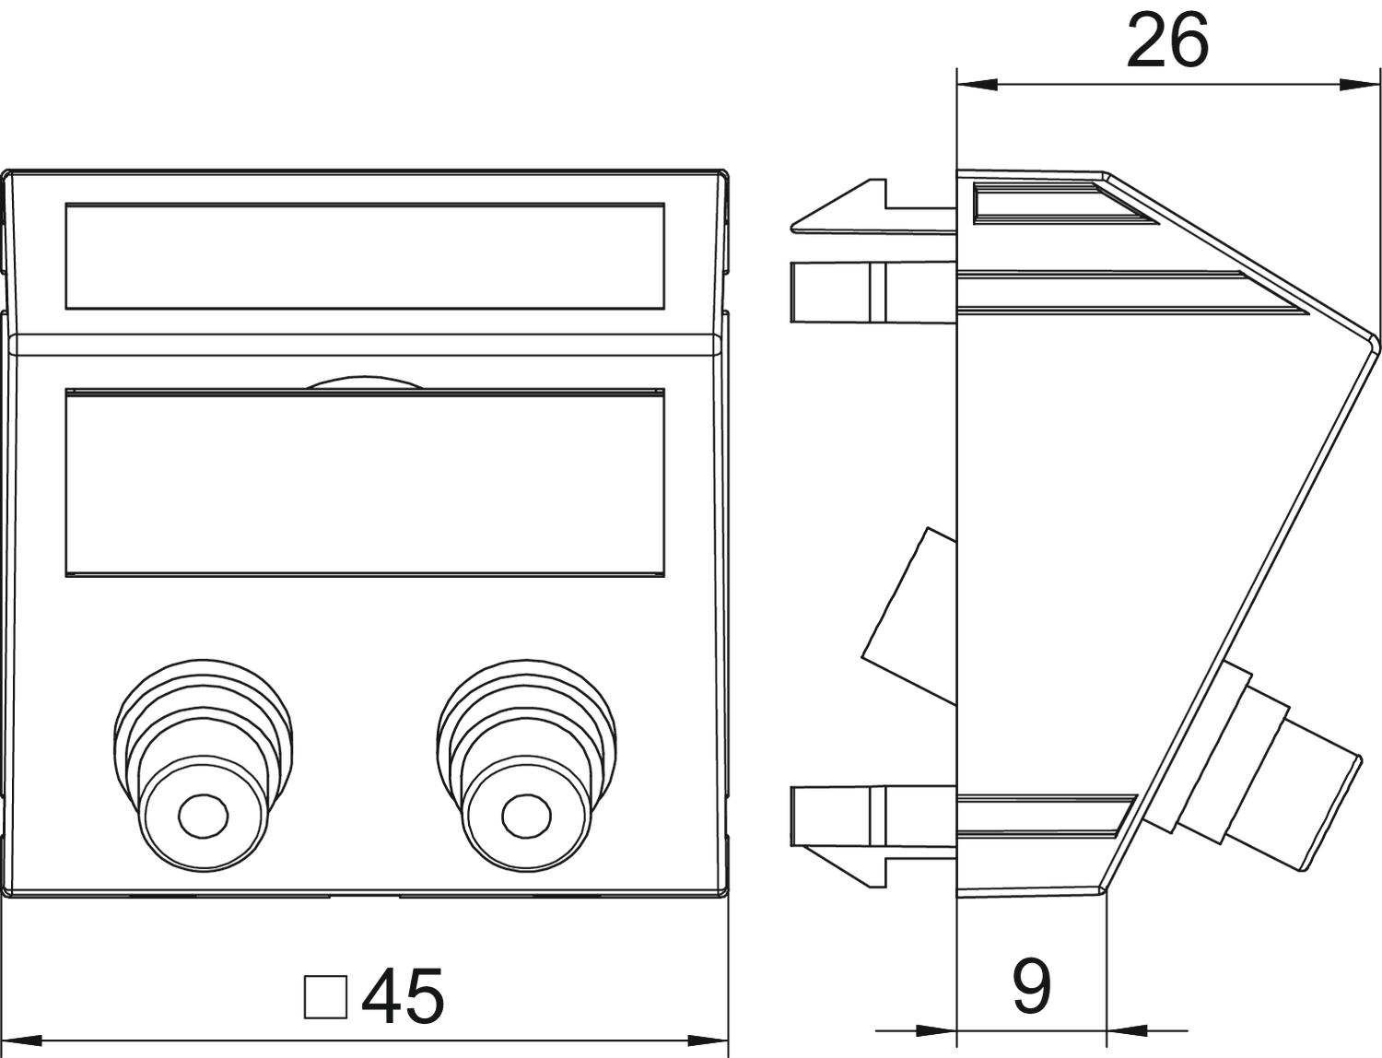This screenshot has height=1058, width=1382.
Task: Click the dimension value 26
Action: point(1166,42)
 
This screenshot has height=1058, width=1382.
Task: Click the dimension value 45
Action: point(403,996)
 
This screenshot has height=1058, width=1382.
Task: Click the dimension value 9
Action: point(1031,985)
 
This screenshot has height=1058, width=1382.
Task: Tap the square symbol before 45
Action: point(325,997)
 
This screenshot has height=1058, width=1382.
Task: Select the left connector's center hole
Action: point(203,815)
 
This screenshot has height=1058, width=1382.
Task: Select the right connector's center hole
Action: point(526,815)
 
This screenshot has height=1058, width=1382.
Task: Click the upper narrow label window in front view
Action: point(365,255)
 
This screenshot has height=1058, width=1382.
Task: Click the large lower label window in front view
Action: point(365,484)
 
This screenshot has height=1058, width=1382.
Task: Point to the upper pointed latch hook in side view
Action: point(834,210)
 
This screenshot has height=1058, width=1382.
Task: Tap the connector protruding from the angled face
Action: point(1271,765)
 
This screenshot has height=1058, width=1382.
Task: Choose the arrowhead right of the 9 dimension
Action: point(1124,1029)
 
